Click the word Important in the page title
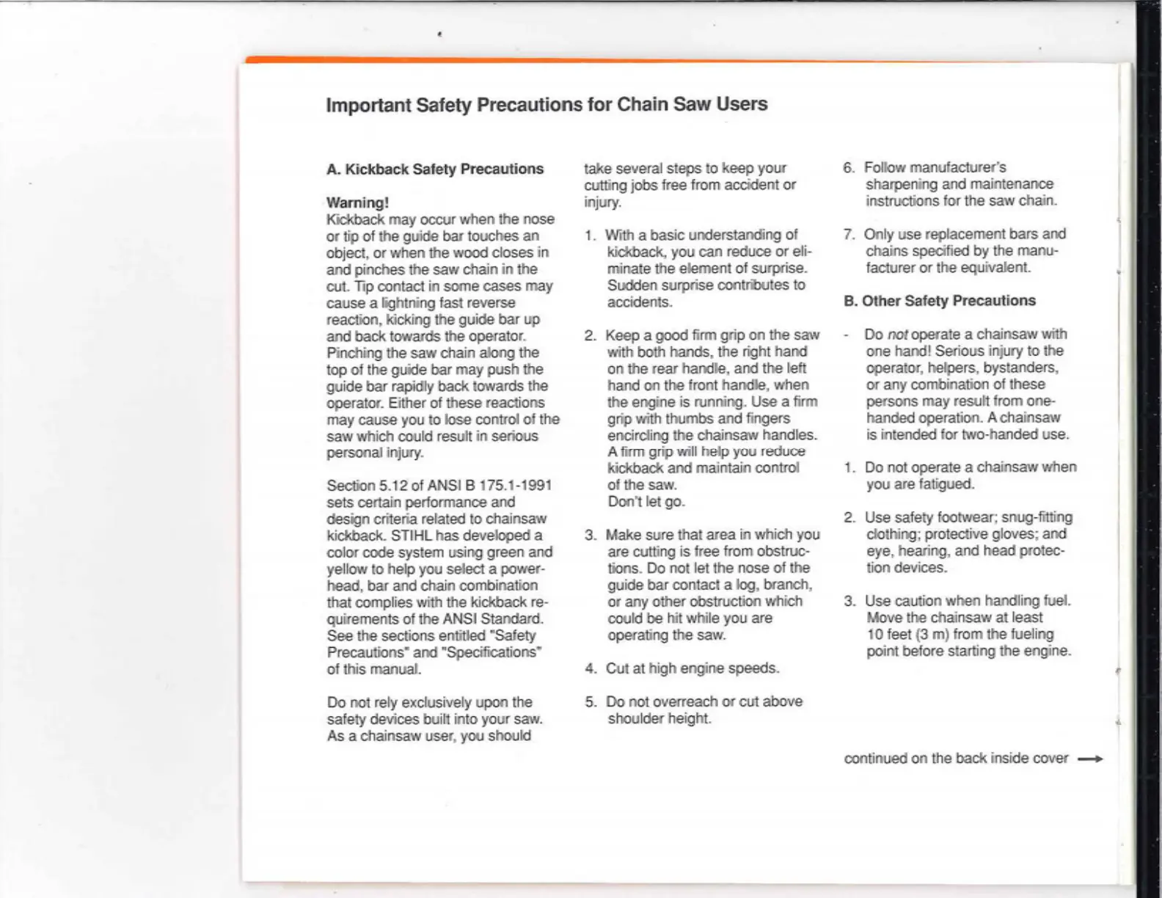point(368,105)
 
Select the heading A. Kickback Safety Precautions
point(435,169)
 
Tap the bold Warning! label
point(357,202)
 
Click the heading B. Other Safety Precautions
point(940,301)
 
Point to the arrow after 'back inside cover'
point(1090,759)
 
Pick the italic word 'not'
point(898,335)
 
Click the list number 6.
point(849,168)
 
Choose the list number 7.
point(849,235)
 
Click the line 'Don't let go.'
point(646,502)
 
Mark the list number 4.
point(591,668)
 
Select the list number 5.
point(591,702)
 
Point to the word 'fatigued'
point(943,484)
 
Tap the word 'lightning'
point(401,303)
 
